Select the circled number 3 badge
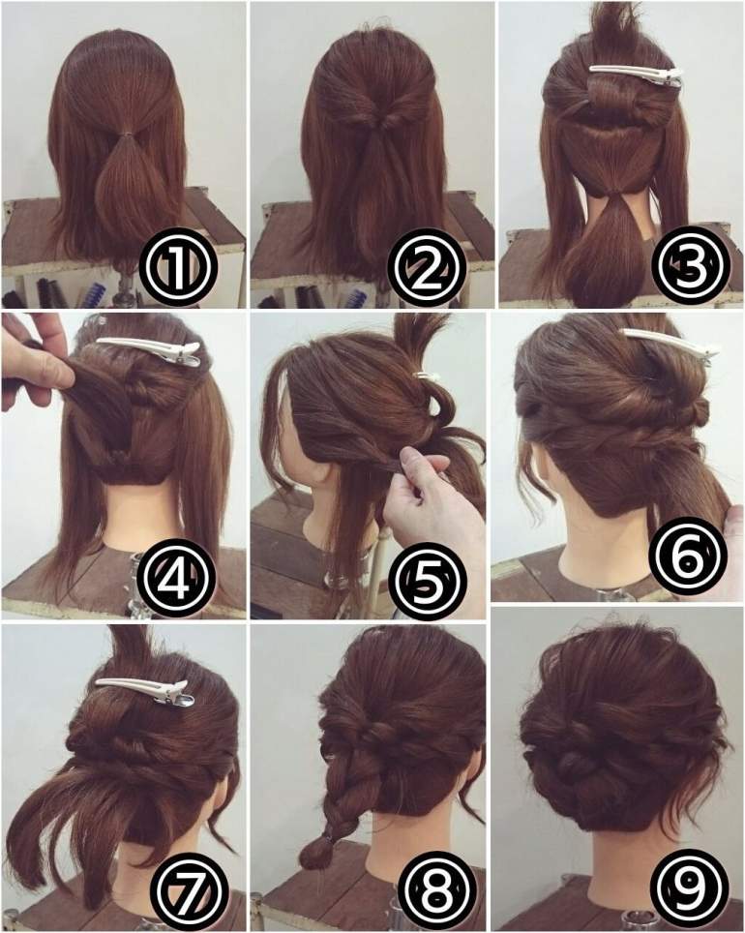tap(689, 262)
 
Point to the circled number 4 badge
tap(175, 576)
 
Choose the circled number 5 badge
tap(425, 576)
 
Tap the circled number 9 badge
tap(689, 887)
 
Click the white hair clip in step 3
tap(636, 75)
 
